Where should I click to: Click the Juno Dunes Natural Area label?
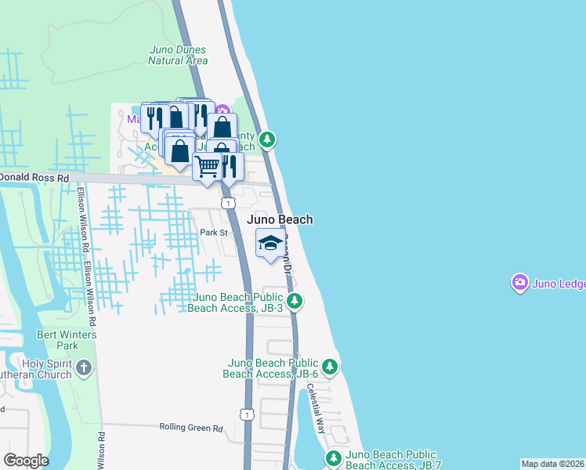[179, 55]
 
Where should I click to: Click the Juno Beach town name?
[280, 219]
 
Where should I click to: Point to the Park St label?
[212, 233]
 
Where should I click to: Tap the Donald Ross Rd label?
[34, 178]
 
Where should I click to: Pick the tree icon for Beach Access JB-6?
[330, 367]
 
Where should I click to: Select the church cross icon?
[85, 367]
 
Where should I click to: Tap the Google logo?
[26, 461]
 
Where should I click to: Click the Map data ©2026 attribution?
[553, 464]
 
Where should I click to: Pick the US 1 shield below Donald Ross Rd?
[227, 203]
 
